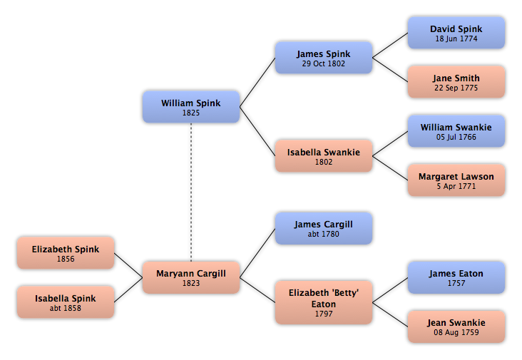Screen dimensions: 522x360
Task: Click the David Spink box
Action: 456,33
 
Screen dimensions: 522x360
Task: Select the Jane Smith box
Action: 456,82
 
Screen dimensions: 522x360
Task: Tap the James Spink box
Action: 324,58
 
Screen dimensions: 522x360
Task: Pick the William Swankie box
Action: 456,131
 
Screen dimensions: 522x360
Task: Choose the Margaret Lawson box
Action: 456,180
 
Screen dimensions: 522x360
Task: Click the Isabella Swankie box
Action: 324,155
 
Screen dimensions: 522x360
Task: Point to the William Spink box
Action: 191,107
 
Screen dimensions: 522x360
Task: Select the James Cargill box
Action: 324,228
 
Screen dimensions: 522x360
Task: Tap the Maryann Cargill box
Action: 191,277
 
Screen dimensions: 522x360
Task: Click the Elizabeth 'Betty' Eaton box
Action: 324,302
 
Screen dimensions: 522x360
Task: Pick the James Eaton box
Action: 456,277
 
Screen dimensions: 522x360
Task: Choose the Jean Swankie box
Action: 456,326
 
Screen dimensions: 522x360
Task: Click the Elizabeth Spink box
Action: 66,253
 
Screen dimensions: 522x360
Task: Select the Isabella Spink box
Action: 66,302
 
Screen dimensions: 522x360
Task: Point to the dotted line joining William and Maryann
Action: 191,192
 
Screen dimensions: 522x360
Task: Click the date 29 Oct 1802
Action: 324,63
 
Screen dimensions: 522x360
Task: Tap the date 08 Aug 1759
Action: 456,332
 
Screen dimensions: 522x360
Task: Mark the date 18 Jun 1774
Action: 456,39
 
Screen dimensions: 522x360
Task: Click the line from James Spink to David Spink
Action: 390,45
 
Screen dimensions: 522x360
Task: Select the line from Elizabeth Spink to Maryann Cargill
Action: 128,265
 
